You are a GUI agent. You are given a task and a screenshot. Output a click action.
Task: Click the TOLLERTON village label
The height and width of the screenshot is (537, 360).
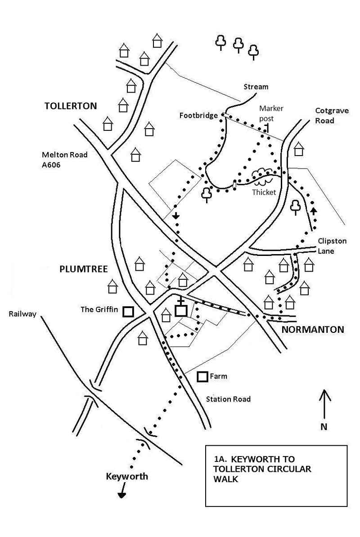click(x=71, y=106)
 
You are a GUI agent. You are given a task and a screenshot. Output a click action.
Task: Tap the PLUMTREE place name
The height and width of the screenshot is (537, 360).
click(x=83, y=269)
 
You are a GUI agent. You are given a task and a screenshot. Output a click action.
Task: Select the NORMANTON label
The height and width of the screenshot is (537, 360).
click(x=312, y=330)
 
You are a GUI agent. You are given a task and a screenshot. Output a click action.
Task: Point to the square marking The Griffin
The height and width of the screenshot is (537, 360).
click(x=129, y=311)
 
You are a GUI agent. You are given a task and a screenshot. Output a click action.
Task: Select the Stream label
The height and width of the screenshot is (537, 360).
click(x=256, y=87)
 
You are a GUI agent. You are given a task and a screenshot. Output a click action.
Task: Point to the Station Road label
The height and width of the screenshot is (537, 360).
click(x=228, y=399)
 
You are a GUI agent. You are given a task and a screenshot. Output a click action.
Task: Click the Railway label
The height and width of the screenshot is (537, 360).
click(x=22, y=314)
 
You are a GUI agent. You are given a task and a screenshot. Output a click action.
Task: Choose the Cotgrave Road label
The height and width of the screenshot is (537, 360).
click(x=331, y=115)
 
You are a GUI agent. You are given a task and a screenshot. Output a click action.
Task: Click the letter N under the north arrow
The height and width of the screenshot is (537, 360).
click(x=324, y=427)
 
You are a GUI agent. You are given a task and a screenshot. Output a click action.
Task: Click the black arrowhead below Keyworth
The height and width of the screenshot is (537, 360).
click(x=121, y=495)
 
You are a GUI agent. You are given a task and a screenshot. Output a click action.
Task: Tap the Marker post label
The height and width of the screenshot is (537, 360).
click(x=271, y=113)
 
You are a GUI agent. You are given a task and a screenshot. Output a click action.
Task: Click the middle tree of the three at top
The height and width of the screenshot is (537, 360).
click(x=238, y=45)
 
